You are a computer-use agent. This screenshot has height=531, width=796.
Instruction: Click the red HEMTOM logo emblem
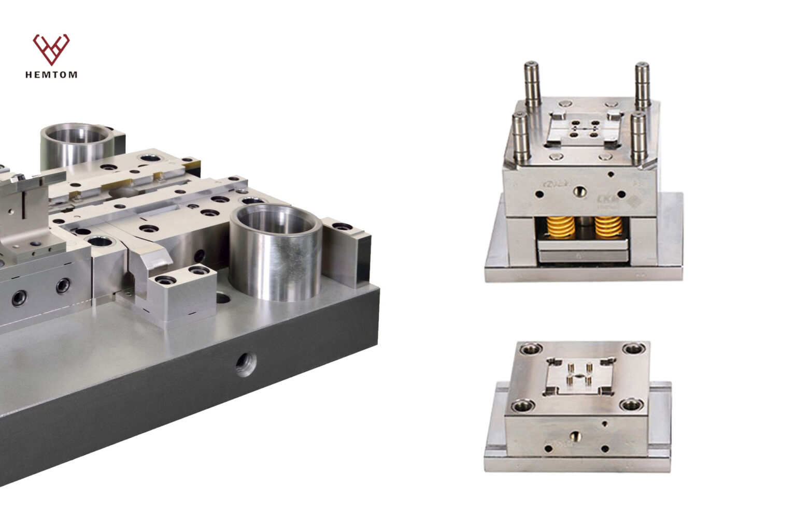pyautogui.click(x=51, y=49)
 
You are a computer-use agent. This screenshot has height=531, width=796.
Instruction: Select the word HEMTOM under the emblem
pyautogui.click(x=51, y=75)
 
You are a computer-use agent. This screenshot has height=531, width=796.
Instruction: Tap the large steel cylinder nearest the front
pyautogui.click(x=275, y=254)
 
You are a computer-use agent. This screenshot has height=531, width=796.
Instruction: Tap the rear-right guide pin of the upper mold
pyautogui.click(x=643, y=85)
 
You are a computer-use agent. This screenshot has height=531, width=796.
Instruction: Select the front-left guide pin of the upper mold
pyautogui.click(x=520, y=137)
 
